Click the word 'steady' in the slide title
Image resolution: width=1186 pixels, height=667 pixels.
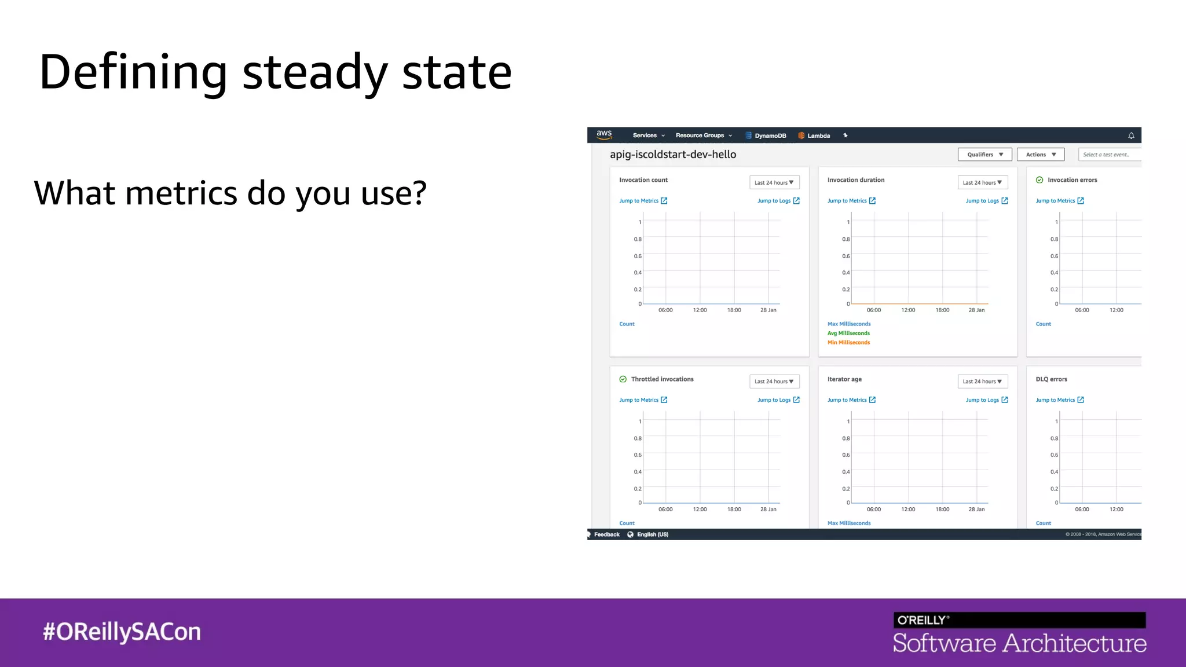click(314, 74)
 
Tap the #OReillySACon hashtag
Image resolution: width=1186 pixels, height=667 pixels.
click(122, 632)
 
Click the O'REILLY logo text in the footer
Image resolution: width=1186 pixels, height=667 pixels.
click(922, 620)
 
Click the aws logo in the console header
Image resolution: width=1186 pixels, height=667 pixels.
click(604, 134)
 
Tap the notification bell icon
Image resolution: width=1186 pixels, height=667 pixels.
click(1131, 135)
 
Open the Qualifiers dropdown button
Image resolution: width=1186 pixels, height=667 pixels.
click(984, 155)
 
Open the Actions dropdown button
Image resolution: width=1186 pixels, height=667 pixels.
click(1041, 155)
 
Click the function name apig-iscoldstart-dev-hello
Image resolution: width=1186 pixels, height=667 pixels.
click(673, 155)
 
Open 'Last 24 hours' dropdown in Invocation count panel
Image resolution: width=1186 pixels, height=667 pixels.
click(774, 182)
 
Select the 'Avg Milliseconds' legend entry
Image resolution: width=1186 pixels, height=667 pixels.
click(848, 333)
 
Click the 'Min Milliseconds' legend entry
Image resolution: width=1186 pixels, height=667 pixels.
click(848, 343)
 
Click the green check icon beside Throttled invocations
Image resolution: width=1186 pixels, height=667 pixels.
click(623, 379)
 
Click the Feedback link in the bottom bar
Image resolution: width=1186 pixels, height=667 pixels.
click(606, 534)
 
